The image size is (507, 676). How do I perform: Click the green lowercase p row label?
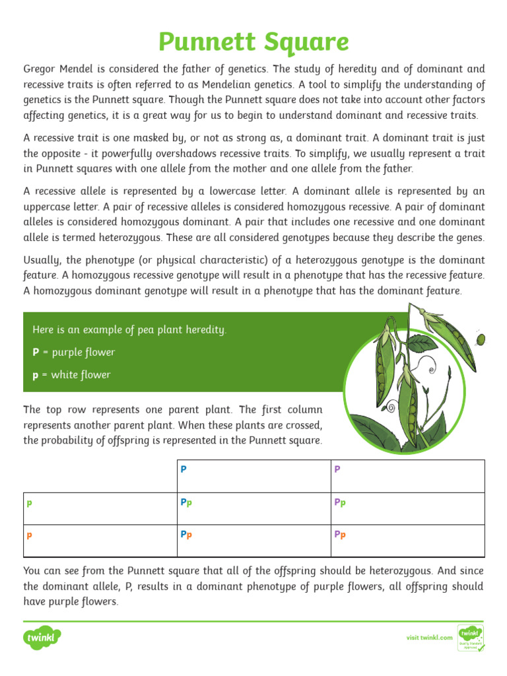(x=29, y=502)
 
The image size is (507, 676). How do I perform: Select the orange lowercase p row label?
(x=29, y=535)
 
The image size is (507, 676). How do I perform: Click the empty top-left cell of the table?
(x=100, y=476)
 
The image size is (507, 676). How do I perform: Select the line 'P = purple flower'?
(x=73, y=353)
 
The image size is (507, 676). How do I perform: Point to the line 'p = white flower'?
(x=71, y=375)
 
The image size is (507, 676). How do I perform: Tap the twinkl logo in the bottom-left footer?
(x=43, y=638)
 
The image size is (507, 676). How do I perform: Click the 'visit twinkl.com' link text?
(x=429, y=638)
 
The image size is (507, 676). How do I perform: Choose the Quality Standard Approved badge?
(x=471, y=638)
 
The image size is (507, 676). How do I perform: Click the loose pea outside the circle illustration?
(x=481, y=339)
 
